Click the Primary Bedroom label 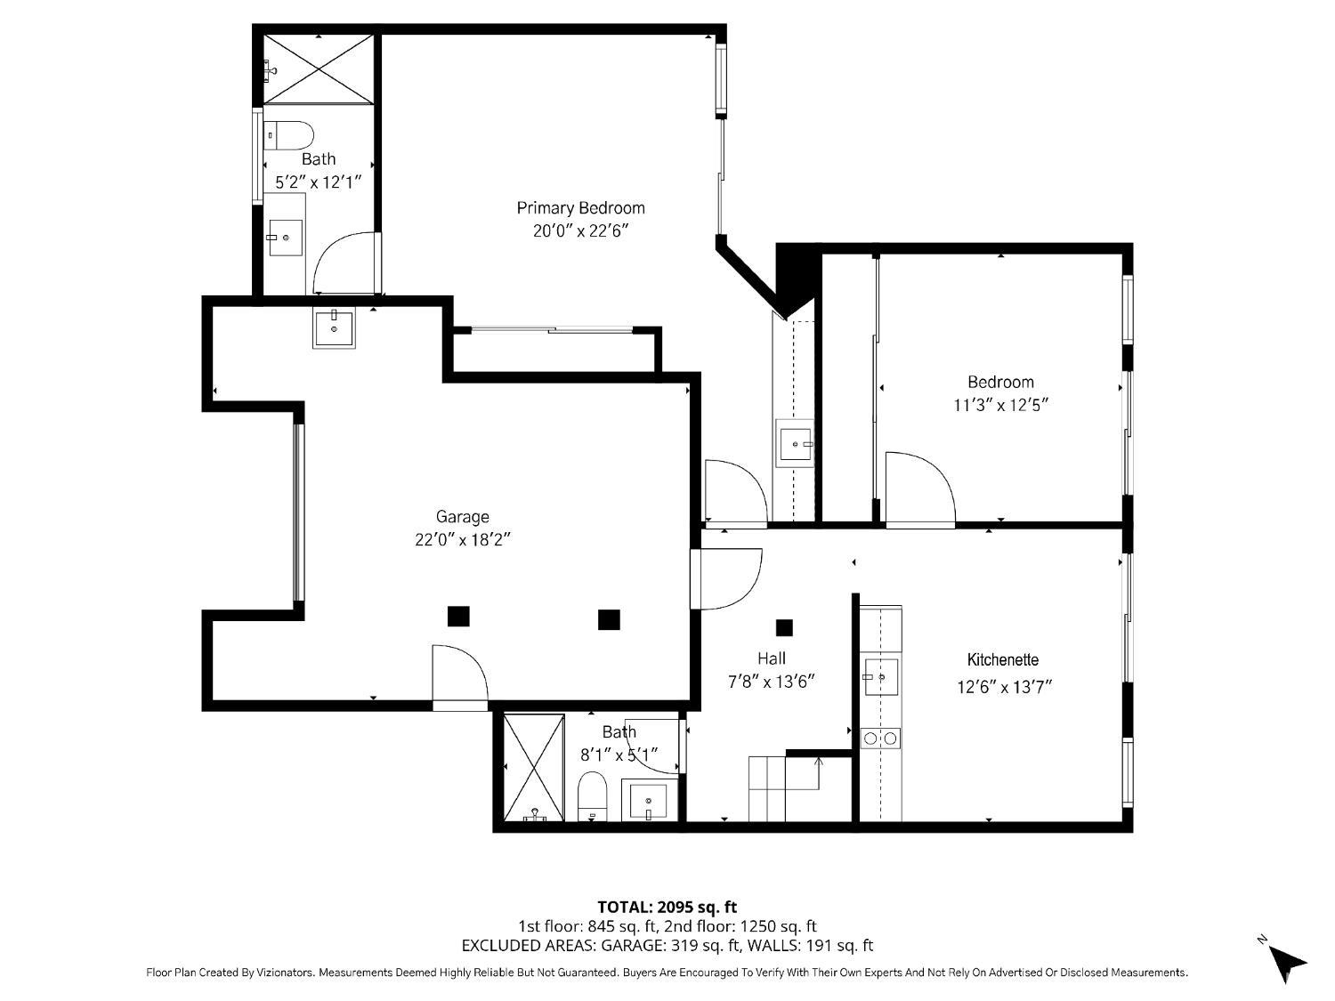point(580,208)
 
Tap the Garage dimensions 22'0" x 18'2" point(462,539)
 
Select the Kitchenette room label point(1003,659)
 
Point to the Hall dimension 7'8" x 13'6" point(772,682)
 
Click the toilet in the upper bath point(289,135)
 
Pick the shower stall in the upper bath point(319,69)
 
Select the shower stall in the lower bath point(534,768)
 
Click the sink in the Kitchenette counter point(881,677)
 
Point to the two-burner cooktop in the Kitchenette point(881,739)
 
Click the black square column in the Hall point(784,628)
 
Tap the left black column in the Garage point(458,617)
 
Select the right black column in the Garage point(609,620)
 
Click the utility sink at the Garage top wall point(334,327)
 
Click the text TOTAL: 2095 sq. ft point(667,908)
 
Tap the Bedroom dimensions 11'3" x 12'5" point(1001,405)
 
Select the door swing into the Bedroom point(920,487)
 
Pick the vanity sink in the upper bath point(286,238)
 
